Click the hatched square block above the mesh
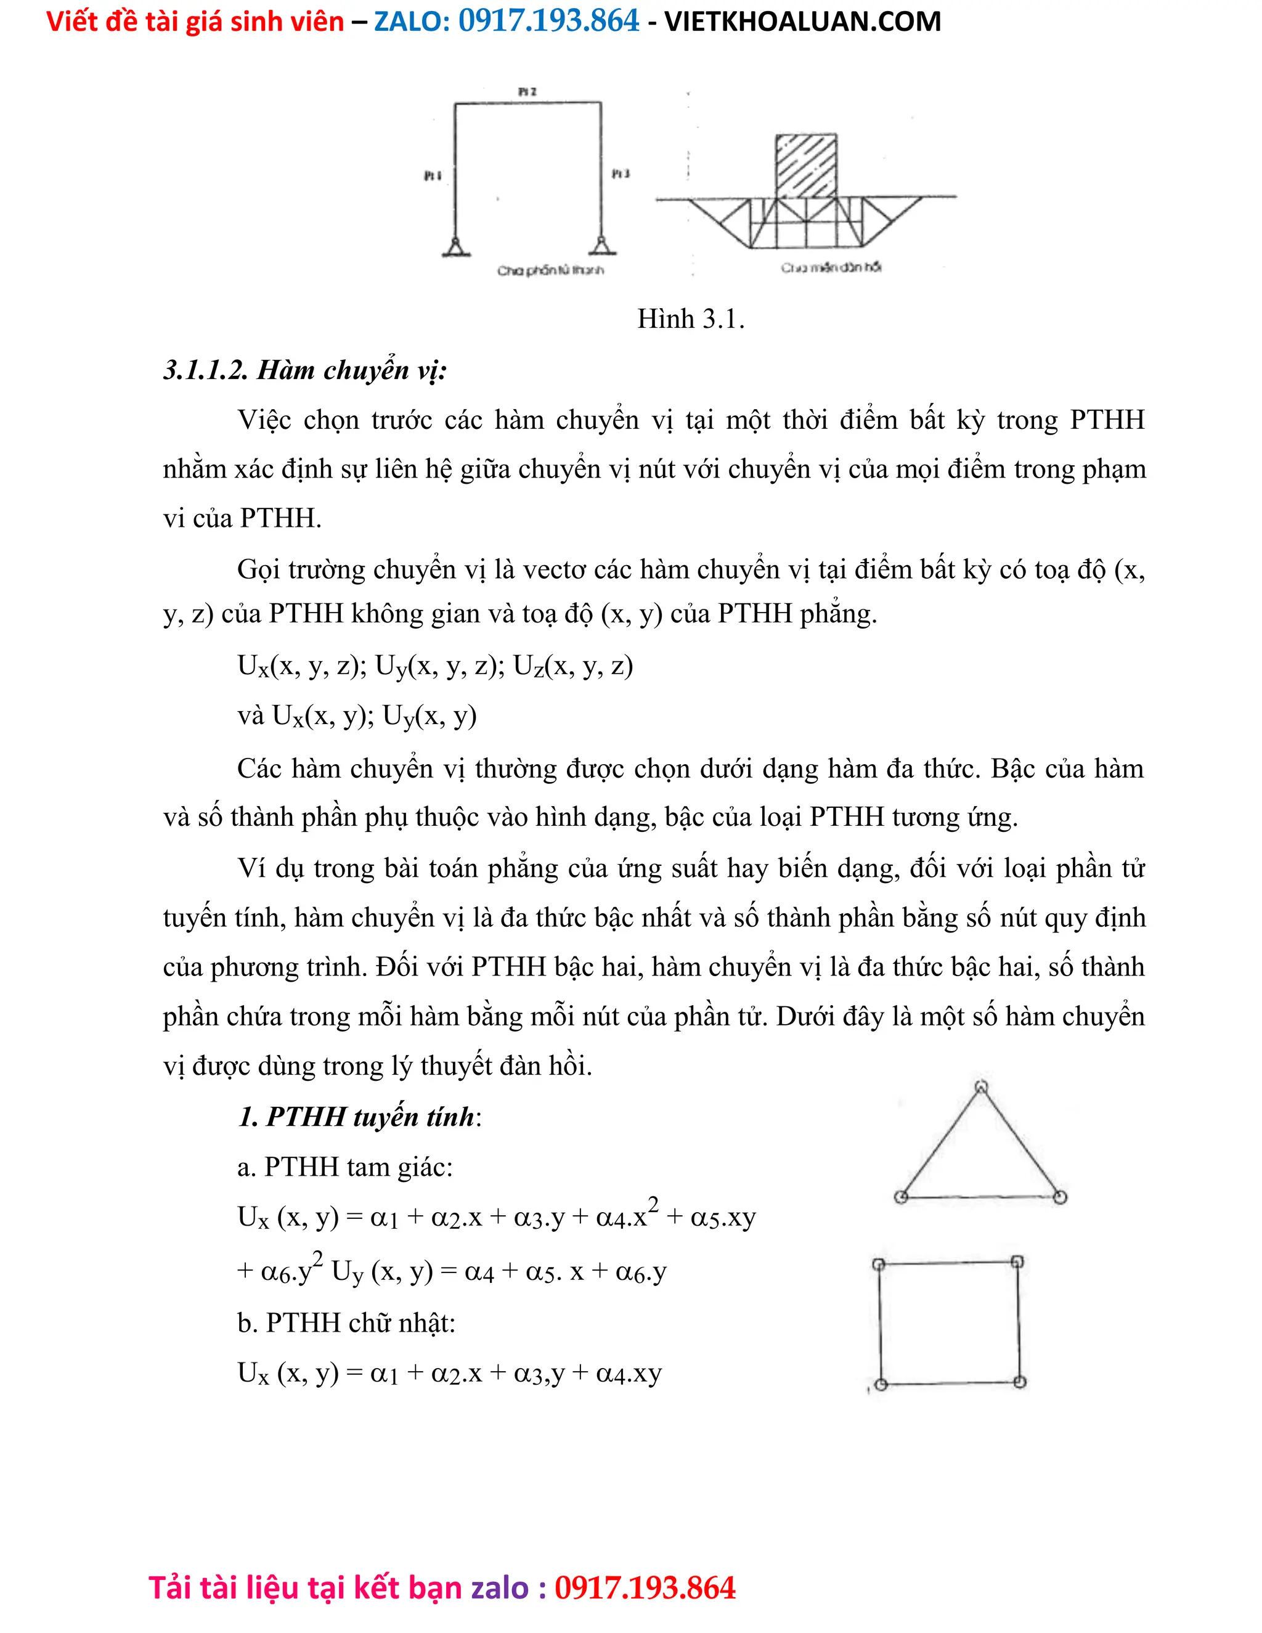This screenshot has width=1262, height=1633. coord(805,166)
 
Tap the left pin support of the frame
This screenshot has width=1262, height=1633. coord(455,246)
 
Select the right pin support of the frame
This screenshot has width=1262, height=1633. coord(601,245)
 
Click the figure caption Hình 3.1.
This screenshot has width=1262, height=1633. coord(690,319)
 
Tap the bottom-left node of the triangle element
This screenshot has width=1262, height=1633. coord(901,1197)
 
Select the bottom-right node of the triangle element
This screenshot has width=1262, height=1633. coord(1059,1197)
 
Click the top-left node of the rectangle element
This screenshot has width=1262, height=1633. coord(879,1264)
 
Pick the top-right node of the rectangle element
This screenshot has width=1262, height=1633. coord(1017,1262)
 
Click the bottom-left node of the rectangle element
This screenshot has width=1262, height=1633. coord(881,1384)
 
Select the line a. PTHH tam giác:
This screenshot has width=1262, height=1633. coord(344,1167)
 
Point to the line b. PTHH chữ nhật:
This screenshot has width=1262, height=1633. coord(346,1322)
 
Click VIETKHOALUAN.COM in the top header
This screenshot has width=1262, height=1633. coord(802,22)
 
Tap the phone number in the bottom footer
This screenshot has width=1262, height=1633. coord(645,1588)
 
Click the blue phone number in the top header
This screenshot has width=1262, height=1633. coord(549,21)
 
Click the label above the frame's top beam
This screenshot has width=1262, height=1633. coord(527,91)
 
